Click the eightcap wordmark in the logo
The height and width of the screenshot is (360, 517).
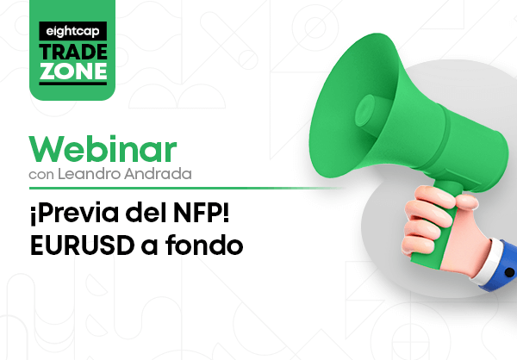coord(73,31)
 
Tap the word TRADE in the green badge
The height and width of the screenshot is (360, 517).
coord(73,52)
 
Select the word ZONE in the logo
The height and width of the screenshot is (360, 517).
coord(73,71)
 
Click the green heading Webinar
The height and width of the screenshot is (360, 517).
coord(103,149)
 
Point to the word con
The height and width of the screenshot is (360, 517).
coord(41,175)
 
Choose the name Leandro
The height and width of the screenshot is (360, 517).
coord(89,174)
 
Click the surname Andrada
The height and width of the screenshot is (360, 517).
coord(158,174)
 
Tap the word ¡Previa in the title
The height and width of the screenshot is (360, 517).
coord(74,214)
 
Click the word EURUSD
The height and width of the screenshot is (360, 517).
coord(82,245)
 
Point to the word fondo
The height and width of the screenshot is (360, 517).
coord(204,245)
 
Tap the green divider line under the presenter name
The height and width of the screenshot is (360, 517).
coord(186,189)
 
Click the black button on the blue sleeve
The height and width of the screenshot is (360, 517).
coord(509,273)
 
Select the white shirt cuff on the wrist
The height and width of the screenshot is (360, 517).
coord(485,262)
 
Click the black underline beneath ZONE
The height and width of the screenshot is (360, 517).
coord(73,84)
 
